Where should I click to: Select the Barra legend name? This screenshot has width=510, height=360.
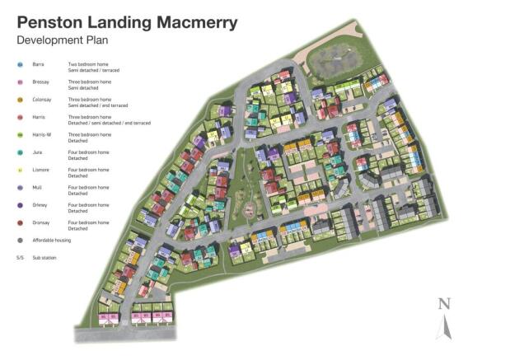click(x=38, y=63)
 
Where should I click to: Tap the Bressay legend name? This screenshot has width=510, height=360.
click(x=40, y=82)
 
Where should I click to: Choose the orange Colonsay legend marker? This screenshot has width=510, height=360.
click(x=20, y=101)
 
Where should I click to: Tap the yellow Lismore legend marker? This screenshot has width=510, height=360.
click(x=20, y=171)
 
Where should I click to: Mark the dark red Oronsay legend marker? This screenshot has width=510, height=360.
click(x=20, y=222)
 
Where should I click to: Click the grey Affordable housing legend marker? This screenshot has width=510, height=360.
click(x=20, y=241)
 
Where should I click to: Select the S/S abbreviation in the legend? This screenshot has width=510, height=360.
click(x=20, y=258)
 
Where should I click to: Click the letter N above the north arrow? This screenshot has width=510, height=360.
click(x=444, y=303)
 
